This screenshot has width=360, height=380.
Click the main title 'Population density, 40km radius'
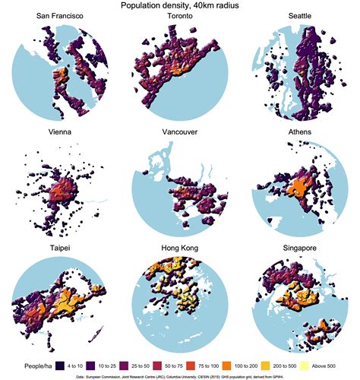[179, 5]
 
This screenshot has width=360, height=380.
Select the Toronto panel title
[179, 17]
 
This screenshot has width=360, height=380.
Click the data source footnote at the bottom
[180, 375]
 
